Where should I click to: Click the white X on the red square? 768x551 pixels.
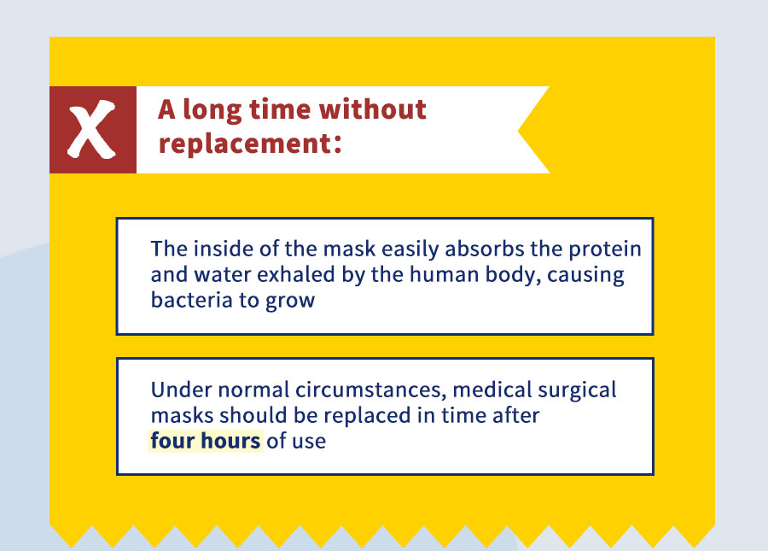92,130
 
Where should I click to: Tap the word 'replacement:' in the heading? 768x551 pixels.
250,144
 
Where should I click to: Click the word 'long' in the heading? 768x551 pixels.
212,110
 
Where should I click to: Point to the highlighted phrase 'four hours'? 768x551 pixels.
205,441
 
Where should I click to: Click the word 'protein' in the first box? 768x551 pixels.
605,249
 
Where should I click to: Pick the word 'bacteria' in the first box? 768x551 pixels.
191,300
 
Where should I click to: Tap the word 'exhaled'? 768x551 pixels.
296,274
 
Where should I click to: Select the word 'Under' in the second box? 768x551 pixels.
181,390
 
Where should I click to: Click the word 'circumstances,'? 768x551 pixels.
371,390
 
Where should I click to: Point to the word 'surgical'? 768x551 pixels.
577,390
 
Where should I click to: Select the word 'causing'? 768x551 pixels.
585,275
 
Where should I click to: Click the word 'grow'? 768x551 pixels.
290,302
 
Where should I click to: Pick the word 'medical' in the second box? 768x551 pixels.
492,390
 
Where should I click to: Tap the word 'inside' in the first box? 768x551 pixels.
224,249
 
